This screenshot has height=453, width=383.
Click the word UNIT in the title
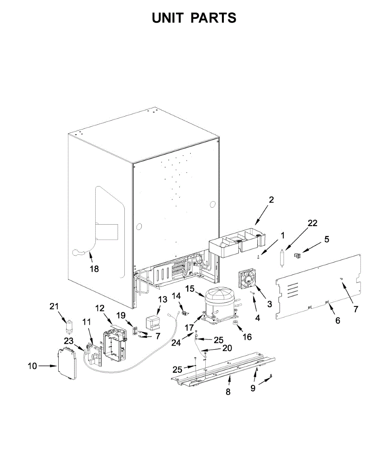[x=167, y=18]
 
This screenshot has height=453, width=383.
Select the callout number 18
[x=94, y=269]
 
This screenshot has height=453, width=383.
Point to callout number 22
[x=312, y=223]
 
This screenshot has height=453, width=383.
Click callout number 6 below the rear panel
[x=338, y=320]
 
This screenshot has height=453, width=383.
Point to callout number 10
[x=33, y=366]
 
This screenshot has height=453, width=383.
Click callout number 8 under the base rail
[x=228, y=392]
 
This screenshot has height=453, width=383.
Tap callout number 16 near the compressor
[x=247, y=337]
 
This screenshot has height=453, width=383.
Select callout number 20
[x=227, y=348]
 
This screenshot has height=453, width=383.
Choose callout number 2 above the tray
[x=271, y=200]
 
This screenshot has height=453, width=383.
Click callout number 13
[x=162, y=299]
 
